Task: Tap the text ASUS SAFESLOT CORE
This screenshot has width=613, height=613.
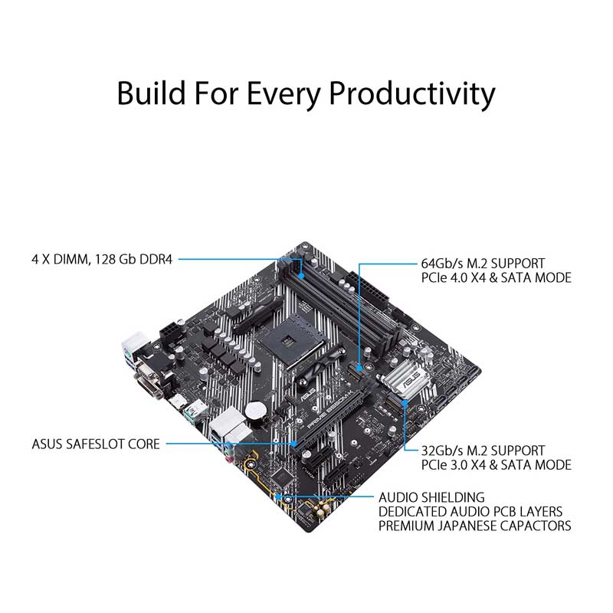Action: [96, 444]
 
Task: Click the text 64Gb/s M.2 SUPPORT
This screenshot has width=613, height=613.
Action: [483, 263]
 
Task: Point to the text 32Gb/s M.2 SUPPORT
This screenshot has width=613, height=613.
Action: [483, 451]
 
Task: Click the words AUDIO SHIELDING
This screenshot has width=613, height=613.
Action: [431, 497]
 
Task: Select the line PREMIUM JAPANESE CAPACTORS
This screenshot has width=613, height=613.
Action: [474, 526]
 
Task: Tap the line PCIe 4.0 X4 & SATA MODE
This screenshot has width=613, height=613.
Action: [496, 277]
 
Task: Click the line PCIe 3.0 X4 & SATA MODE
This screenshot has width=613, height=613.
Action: [496, 465]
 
